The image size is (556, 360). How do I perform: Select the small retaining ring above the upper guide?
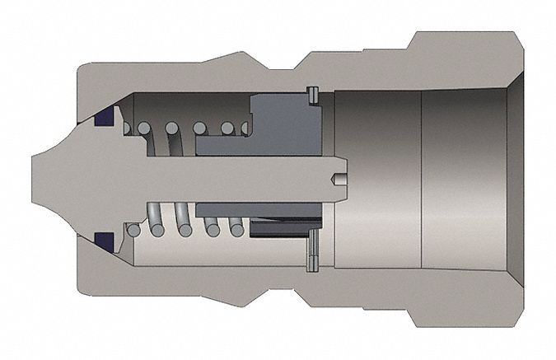[x=311, y=96]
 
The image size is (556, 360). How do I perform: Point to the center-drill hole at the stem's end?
[x=338, y=180]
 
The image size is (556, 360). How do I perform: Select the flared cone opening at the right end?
[x=515, y=180]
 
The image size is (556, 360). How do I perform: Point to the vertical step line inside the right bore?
[x=422, y=180]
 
